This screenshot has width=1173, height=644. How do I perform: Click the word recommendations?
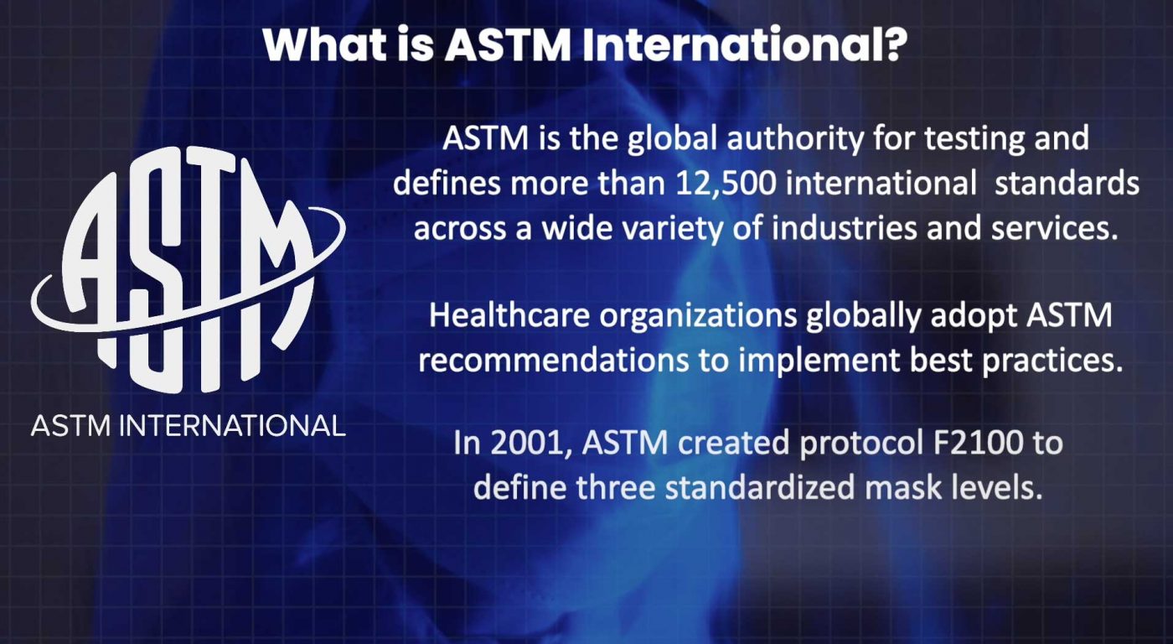[553, 361]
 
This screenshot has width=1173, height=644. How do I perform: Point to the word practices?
[1052, 361]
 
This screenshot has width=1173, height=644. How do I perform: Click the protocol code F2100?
[979, 443]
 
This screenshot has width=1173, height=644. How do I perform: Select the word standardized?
[760, 487]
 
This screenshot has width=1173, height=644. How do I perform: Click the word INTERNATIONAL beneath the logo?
[233, 425]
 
